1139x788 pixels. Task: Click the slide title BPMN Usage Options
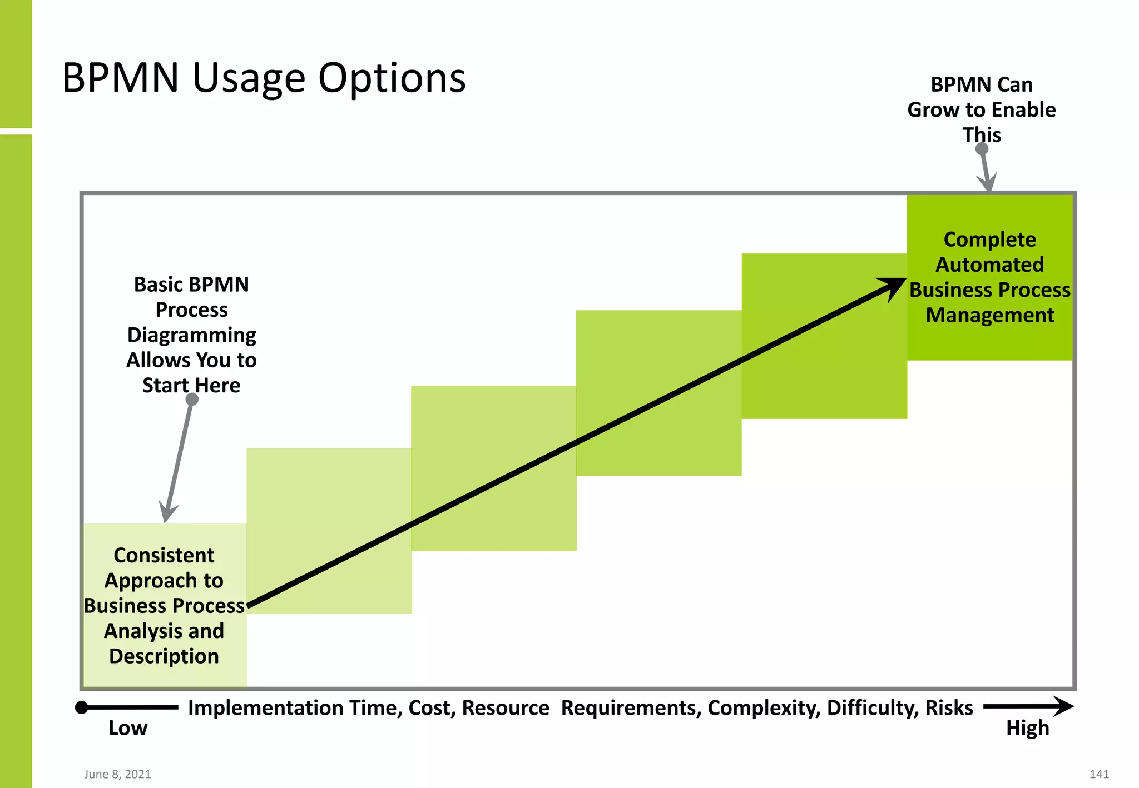point(264,78)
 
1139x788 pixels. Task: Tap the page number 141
point(1099,774)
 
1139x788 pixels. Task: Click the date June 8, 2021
point(117,774)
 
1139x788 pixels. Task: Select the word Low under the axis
point(128,728)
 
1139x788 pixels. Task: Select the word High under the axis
point(1027,728)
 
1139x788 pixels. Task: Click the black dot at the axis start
point(82,707)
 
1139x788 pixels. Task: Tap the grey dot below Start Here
point(192,399)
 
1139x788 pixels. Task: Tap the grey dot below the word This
point(982,149)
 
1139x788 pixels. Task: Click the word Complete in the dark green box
point(989,240)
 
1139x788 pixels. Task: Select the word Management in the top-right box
point(989,315)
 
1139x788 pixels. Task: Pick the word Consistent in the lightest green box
point(164,555)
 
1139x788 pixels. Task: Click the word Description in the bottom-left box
point(164,656)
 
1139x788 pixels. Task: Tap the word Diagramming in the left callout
point(191,335)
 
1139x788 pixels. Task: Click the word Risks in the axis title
point(949,707)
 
